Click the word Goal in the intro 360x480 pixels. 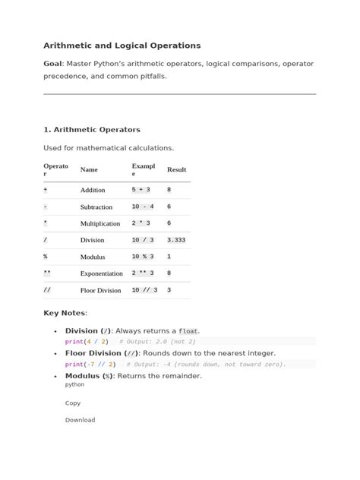[x=53, y=65]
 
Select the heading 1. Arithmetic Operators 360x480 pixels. [x=92, y=130]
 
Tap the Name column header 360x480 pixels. [x=89, y=170]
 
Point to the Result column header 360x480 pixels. [x=176, y=170]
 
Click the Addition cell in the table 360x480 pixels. [x=93, y=190]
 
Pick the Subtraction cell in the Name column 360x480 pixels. [x=96, y=207]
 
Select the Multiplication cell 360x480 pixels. [x=100, y=223]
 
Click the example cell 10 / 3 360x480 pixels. [x=142, y=240]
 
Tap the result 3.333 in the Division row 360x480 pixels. [x=176, y=240]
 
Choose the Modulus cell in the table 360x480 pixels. [x=93, y=257]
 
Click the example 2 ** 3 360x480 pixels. [x=142, y=273]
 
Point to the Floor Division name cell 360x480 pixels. [x=100, y=290]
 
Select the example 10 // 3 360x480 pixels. [x=144, y=290]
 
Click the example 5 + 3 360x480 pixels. [x=141, y=190]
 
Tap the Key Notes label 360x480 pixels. [x=65, y=313]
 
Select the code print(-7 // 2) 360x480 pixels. [x=91, y=365]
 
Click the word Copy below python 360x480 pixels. [x=73, y=403]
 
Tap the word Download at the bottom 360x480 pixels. [x=80, y=420]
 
